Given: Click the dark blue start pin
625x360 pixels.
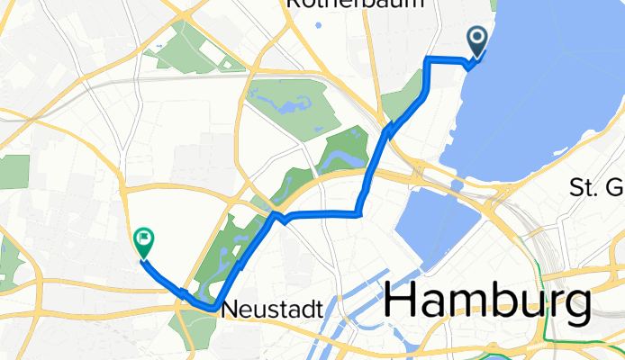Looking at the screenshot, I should [476, 41].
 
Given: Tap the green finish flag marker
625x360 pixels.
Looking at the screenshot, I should [143, 240].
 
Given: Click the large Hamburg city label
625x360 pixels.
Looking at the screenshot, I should [487, 301].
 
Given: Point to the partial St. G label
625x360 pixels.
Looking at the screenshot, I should [595, 188].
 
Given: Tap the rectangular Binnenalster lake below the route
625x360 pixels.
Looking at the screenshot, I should [432, 229].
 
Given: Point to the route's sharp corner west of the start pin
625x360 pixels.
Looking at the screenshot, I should [426, 59].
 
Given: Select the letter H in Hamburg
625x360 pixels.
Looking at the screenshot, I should [402, 302].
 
